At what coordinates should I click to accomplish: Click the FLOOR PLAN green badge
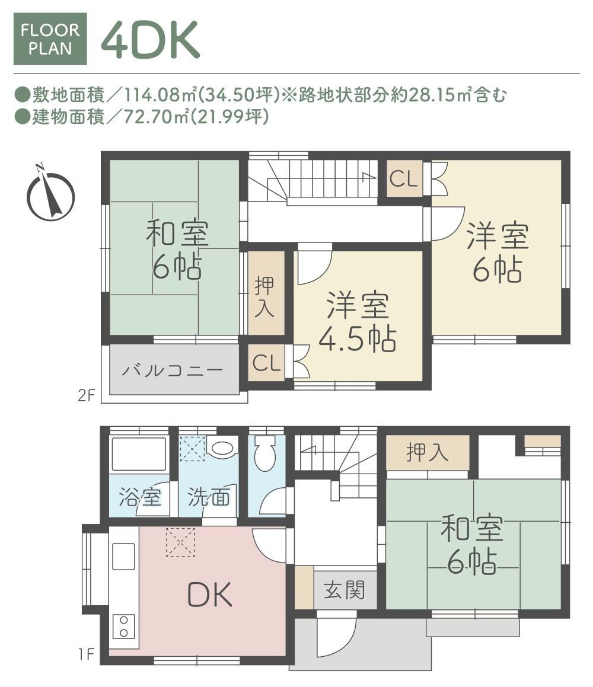point(50,39)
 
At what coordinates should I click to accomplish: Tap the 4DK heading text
point(151,40)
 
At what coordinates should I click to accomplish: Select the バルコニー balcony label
point(172,370)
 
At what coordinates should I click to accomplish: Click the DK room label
point(209,595)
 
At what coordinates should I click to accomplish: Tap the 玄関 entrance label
point(345,590)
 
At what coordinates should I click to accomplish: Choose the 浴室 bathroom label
point(140,497)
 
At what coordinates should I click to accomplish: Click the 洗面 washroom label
point(209,497)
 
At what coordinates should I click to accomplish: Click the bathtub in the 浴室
point(139,454)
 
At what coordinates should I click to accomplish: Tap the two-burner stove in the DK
point(123,626)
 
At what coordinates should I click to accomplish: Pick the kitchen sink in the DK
point(123,556)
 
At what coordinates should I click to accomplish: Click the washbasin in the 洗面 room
point(222,448)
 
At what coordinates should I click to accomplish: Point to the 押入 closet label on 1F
point(427,452)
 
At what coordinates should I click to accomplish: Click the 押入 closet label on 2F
point(264,296)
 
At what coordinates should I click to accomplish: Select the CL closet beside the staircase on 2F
point(404,179)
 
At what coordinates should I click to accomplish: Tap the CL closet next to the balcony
point(266,363)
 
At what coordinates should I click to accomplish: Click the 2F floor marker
point(87,395)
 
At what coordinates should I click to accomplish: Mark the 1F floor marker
point(87,654)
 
